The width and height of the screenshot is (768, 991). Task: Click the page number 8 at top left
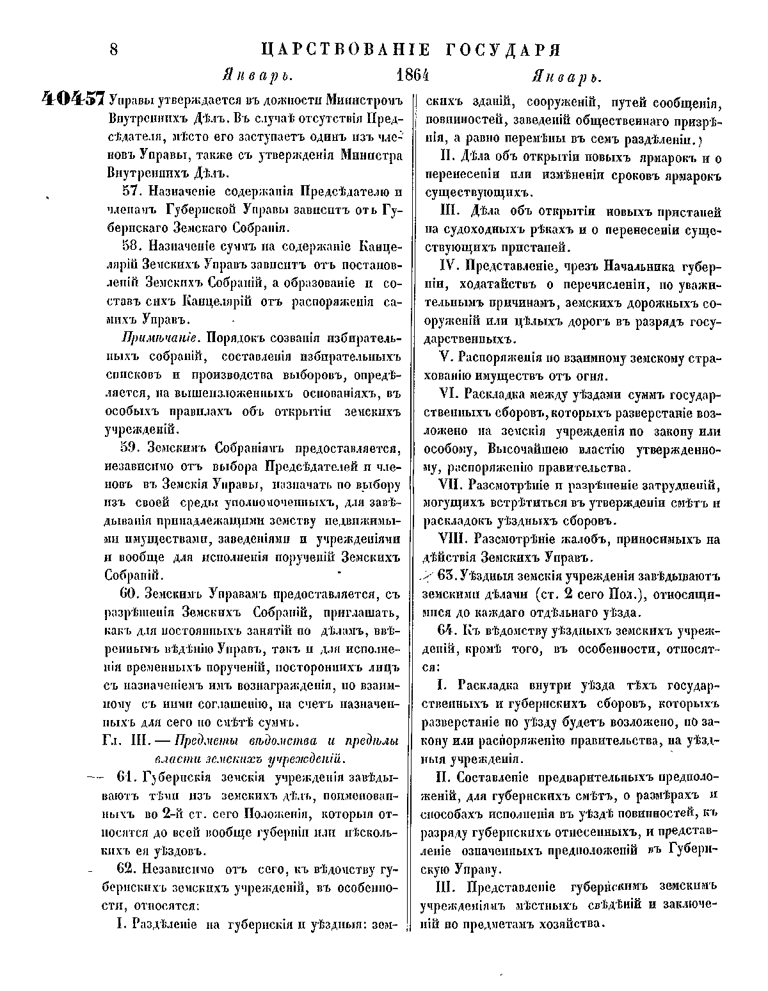(115, 49)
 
